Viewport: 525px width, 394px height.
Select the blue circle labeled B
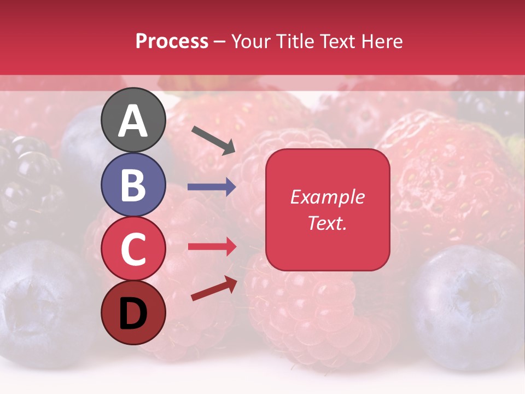(133, 184)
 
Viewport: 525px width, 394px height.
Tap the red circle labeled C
(133, 248)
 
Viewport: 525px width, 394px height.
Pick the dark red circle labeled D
(133, 312)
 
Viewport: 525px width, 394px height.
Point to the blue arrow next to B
(212, 187)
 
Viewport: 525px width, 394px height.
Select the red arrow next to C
(212, 247)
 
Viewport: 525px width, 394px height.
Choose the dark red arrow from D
(214, 288)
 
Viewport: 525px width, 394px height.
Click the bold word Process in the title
(172, 42)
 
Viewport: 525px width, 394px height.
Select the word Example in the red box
(327, 197)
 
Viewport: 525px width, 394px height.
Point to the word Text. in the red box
(327, 223)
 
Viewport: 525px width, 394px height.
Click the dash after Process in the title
(220, 42)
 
